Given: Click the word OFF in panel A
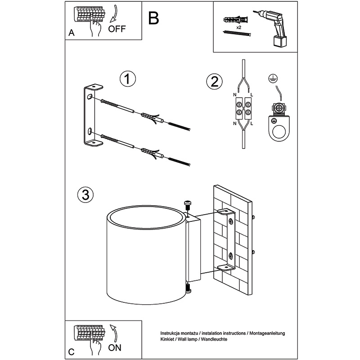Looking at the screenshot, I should (x=117, y=30).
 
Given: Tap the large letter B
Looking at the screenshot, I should (x=153, y=18).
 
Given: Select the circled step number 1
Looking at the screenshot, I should (x=128, y=79).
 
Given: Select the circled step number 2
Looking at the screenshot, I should (x=214, y=81).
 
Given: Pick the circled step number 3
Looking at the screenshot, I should (x=85, y=195).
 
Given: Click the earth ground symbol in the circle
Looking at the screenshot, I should (x=271, y=77).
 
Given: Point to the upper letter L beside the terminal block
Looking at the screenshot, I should (x=252, y=94).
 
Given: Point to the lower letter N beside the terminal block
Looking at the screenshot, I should (x=234, y=123).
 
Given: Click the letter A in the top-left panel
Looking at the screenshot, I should (x=71, y=33).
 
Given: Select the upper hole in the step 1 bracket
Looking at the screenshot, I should (x=90, y=97).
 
